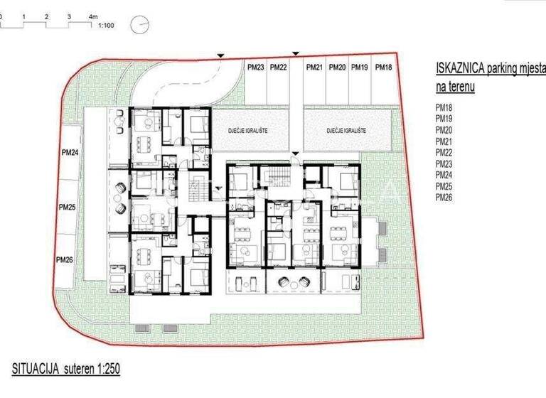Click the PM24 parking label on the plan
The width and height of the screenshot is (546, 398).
pyautogui.click(x=68, y=151)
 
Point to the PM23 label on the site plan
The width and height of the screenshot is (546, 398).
pyautogui.click(x=256, y=68)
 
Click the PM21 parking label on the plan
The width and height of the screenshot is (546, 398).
pyautogui.click(x=314, y=68)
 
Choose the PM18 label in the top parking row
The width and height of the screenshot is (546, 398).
pyautogui.click(x=383, y=68)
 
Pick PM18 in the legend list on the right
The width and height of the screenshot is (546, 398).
pyautogui.click(x=443, y=108)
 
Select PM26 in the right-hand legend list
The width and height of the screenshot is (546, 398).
pyautogui.click(x=443, y=196)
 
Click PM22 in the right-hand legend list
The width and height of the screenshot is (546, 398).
pyautogui.click(x=443, y=152)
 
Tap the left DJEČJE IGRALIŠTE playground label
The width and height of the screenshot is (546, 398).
pyautogui.click(x=247, y=131)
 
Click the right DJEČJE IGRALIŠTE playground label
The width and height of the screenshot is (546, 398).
pyautogui.click(x=346, y=131)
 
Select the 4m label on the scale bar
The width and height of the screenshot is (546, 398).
pyautogui.click(x=93, y=15)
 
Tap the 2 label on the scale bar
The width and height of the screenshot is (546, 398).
pyautogui.click(x=45, y=15)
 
